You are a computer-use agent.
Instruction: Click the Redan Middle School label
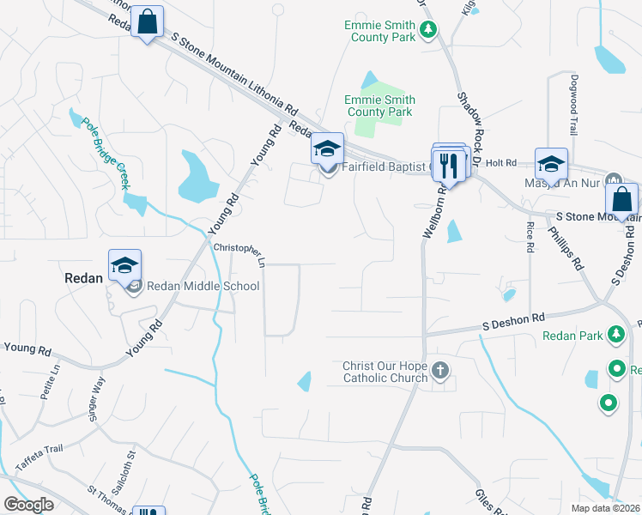coord(203,287)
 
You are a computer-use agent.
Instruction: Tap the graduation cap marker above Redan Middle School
coord(124,264)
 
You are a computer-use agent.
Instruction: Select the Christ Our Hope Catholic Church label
coord(385,372)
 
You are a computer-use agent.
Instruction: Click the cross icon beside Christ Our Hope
coord(440,371)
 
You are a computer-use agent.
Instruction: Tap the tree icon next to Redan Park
coord(615,334)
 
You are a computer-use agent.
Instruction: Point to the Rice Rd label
coord(530,237)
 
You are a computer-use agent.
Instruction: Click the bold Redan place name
coord(84,278)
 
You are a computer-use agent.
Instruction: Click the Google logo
coord(27,505)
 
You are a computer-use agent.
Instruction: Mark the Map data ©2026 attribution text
coord(605,508)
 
